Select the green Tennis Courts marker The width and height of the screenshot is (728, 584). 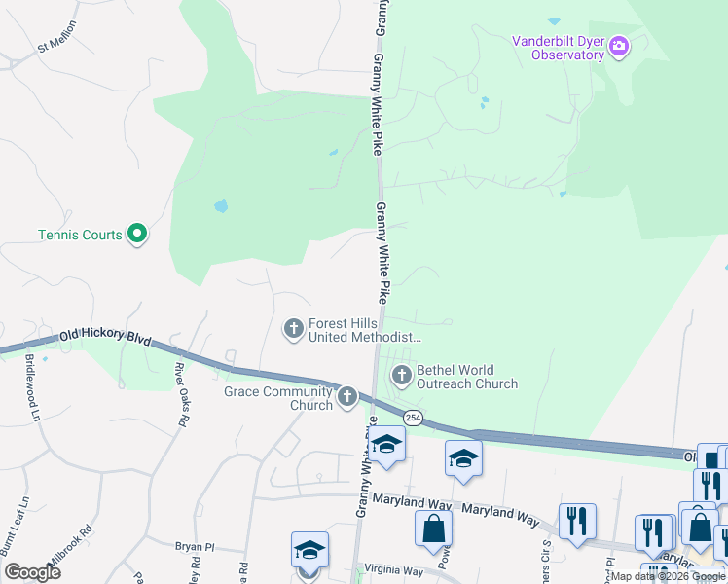(137, 234)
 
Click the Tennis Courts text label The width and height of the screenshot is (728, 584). (80, 235)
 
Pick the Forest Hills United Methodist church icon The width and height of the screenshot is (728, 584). (293, 329)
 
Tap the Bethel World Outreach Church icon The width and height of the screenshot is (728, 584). (401, 375)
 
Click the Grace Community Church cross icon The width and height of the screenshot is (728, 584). (347, 396)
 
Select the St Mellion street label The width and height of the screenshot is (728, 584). (55, 47)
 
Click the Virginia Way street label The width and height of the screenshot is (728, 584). (393, 571)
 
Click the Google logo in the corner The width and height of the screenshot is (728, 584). (32, 572)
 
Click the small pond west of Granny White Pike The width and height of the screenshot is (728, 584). (221, 206)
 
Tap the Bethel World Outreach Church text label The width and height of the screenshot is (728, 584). (468, 377)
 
